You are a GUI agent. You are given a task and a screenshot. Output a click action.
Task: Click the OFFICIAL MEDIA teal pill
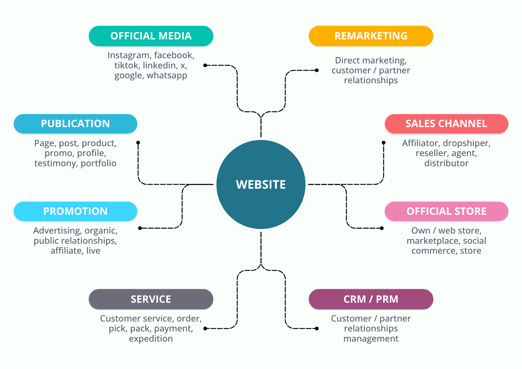(151, 36)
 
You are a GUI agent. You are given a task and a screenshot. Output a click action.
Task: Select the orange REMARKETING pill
(371, 36)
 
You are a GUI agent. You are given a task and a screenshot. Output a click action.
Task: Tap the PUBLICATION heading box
(75, 124)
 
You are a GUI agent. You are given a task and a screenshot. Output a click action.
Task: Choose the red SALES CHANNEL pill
(446, 124)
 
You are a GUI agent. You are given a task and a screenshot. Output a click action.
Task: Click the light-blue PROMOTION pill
(75, 211)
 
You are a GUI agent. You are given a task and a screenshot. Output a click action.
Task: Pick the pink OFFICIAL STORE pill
(446, 211)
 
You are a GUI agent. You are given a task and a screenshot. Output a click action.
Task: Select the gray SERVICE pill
(151, 299)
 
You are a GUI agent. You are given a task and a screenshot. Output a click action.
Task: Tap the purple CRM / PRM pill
(371, 299)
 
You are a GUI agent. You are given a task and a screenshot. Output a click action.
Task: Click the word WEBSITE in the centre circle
(261, 184)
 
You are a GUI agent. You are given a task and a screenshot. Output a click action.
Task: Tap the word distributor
(446, 163)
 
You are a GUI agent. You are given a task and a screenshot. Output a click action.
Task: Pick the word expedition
(151, 339)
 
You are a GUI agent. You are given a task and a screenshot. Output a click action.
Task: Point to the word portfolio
(98, 163)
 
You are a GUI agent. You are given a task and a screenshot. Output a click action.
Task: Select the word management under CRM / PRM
(371, 339)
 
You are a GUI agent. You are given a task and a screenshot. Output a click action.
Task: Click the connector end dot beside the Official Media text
(205, 65)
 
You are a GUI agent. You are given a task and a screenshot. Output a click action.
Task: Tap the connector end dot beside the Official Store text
(382, 228)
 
